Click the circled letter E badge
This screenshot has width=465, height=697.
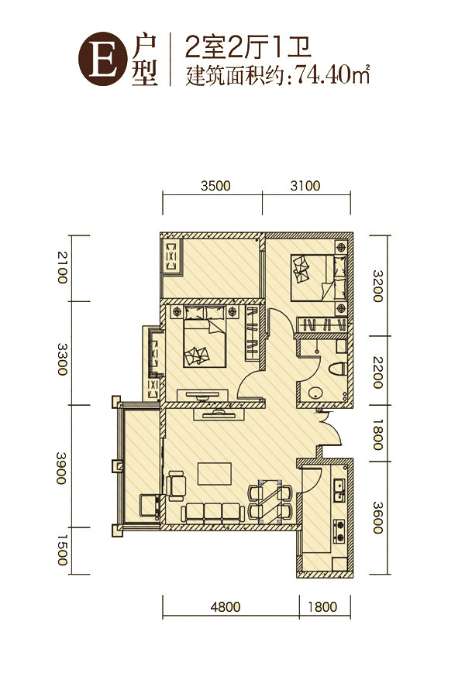(x=101, y=59)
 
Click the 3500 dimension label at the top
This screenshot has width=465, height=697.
(x=215, y=185)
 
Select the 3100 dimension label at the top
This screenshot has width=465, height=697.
(x=305, y=185)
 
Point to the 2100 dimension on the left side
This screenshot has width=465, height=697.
(x=61, y=267)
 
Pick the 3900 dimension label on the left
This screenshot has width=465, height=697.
(x=61, y=468)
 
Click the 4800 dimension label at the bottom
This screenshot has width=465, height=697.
(x=226, y=606)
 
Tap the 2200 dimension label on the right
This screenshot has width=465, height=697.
(x=377, y=373)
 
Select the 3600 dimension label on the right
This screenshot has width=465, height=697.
(x=377, y=517)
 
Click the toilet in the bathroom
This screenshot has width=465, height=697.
(x=338, y=368)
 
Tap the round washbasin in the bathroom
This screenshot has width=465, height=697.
(x=315, y=393)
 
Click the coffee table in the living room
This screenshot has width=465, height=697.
(x=215, y=473)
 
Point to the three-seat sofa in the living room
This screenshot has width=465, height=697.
(x=212, y=512)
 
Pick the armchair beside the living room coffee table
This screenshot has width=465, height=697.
(x=177, y=486)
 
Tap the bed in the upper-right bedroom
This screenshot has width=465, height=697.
(x=319, y=277)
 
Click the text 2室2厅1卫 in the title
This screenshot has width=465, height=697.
(x=248, y=47)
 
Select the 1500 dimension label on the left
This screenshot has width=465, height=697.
(x=61, y=551)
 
